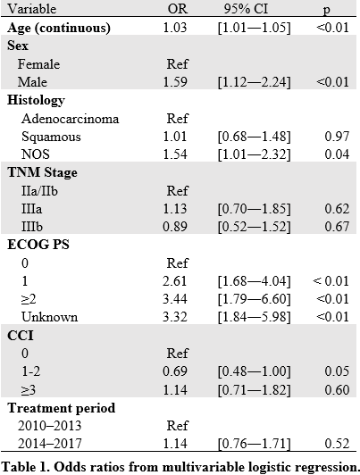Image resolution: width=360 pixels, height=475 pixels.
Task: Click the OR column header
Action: pos(178,9)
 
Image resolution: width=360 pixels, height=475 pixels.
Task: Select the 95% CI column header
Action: pos(246,9)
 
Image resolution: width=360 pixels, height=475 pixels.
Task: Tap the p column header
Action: pos(326,10)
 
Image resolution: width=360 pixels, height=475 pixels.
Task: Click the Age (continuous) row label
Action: pos(59,28)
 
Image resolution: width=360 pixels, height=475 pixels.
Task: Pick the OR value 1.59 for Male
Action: pos(175,82)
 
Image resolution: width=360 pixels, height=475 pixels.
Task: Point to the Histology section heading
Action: pos(36,100)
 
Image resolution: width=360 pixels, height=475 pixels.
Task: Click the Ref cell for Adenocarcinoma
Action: pos(177,119)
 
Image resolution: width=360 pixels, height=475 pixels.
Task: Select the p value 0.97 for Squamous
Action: pos(337,137)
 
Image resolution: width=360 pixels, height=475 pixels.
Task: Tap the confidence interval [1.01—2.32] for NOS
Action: pos(254,154)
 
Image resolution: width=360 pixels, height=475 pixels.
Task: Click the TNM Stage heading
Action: pos(42,172)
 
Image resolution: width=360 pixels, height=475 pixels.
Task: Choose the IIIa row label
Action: pos(32,209)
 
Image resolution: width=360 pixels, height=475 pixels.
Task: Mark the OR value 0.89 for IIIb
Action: pos(175,227)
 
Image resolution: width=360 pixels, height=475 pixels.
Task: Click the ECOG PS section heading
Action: pos(38,245)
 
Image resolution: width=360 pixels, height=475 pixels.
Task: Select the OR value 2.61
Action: pos(175,281)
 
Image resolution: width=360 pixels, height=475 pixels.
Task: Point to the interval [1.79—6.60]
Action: pos(254,299)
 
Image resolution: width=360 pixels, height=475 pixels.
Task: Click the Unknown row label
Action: pos(50,317)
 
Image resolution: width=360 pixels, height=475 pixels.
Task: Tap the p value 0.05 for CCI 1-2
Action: pos(337,371)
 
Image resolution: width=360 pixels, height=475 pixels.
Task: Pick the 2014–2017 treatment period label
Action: pos(50,444)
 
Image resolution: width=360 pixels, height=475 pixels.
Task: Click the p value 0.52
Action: pos(337,444)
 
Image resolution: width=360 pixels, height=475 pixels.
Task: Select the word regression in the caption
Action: pos(326,467)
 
